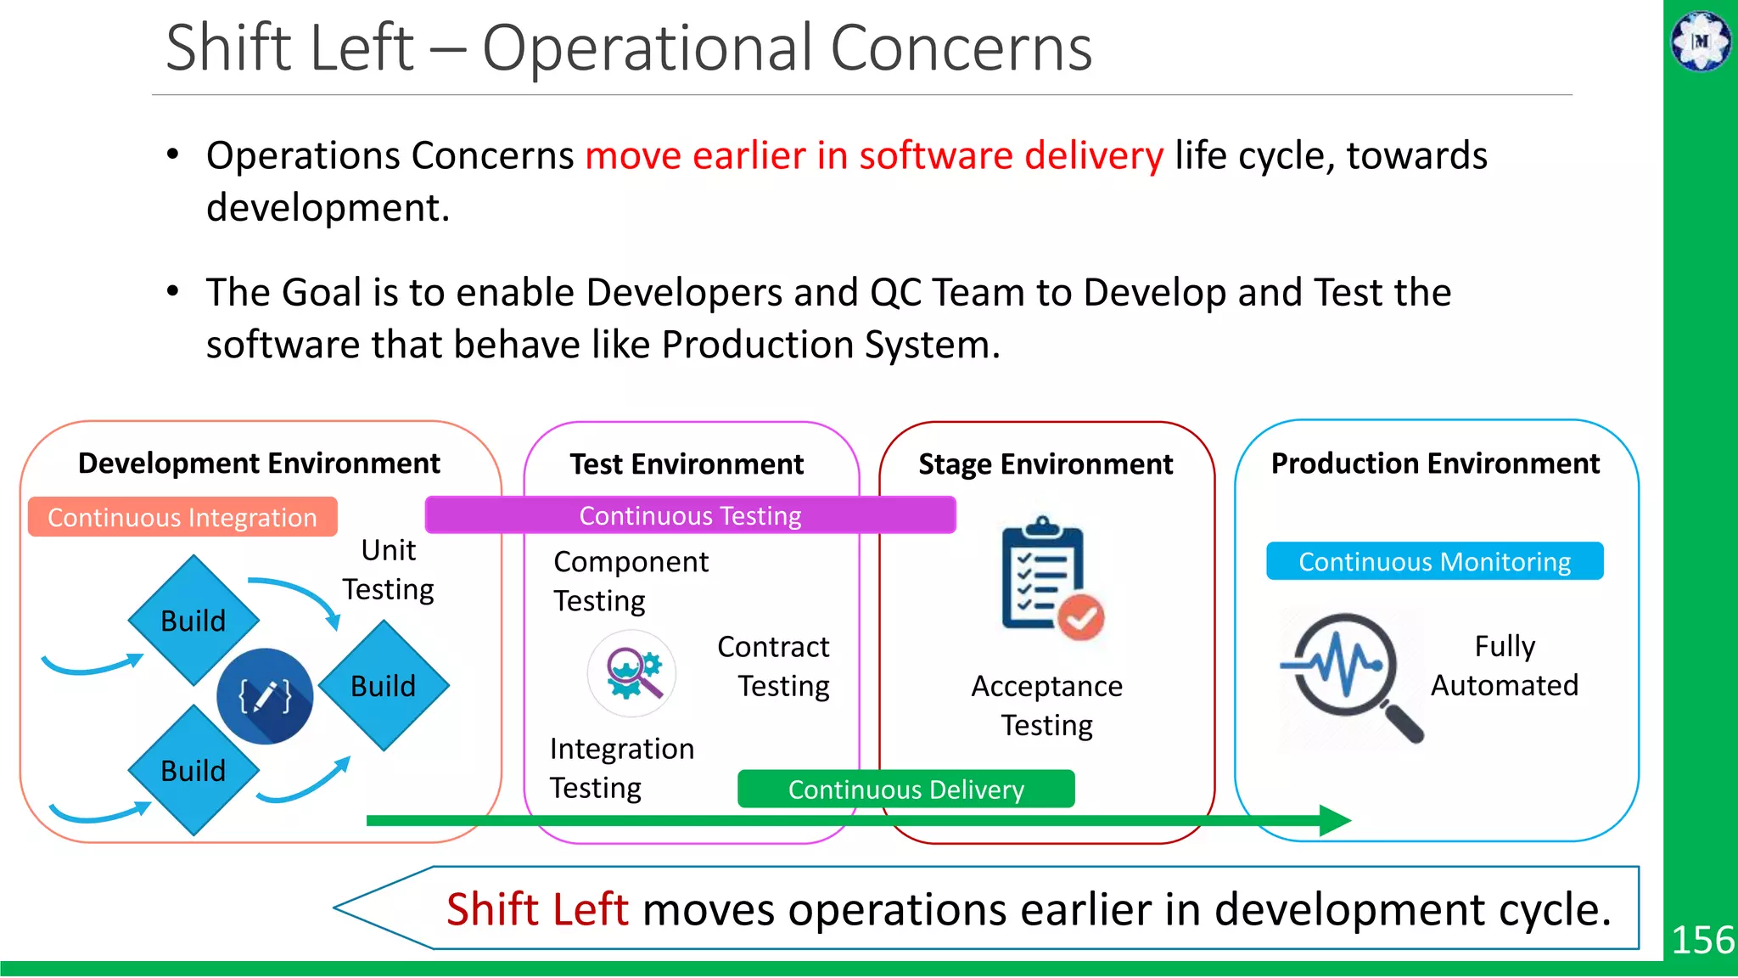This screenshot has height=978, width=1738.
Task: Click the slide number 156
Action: [1702, 940]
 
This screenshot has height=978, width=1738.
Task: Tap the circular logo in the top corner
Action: [1701, 41]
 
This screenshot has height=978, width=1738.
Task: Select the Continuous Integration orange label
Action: [182, 517]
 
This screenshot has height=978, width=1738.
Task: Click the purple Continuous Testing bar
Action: [690, 515]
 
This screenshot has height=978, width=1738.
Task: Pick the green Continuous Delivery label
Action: [905, 790]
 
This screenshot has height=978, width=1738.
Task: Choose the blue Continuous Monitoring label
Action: [1434, 561]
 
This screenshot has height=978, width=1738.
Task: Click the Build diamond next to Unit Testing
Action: [384, 685]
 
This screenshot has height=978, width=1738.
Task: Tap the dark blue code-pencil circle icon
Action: [265, 696]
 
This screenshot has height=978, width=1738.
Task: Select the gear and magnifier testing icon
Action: [632, 673]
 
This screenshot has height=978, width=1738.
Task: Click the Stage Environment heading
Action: [1046, 464]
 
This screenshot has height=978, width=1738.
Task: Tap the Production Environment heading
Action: [1435, 464]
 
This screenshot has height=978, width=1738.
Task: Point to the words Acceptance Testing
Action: [1046, 705]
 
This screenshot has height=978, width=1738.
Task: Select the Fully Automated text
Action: [1505, 666]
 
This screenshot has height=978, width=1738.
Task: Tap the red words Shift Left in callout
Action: [537, 909]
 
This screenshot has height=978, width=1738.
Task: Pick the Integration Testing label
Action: [621, 768]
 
